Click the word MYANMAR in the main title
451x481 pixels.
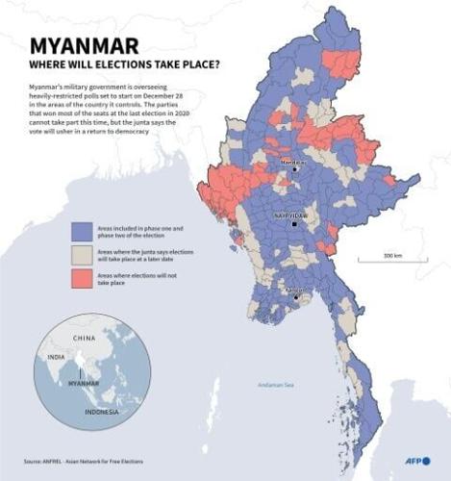coord(83,47)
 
